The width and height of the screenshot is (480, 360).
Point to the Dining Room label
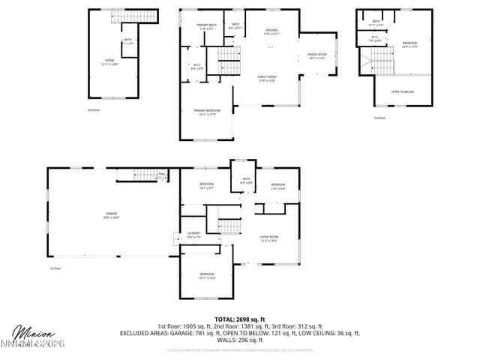(317, 56)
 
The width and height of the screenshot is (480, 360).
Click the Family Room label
(267, 79)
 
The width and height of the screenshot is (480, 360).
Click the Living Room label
(269, 219)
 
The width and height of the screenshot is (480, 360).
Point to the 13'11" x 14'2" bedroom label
(207, 276)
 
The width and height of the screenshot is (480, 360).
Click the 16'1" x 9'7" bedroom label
(207, 185)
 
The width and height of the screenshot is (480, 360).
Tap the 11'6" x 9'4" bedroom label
(278, 186)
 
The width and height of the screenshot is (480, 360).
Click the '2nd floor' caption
(93, 109)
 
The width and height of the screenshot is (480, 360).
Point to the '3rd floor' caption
(380, 118)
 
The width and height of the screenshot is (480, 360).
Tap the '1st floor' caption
(54, 268)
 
